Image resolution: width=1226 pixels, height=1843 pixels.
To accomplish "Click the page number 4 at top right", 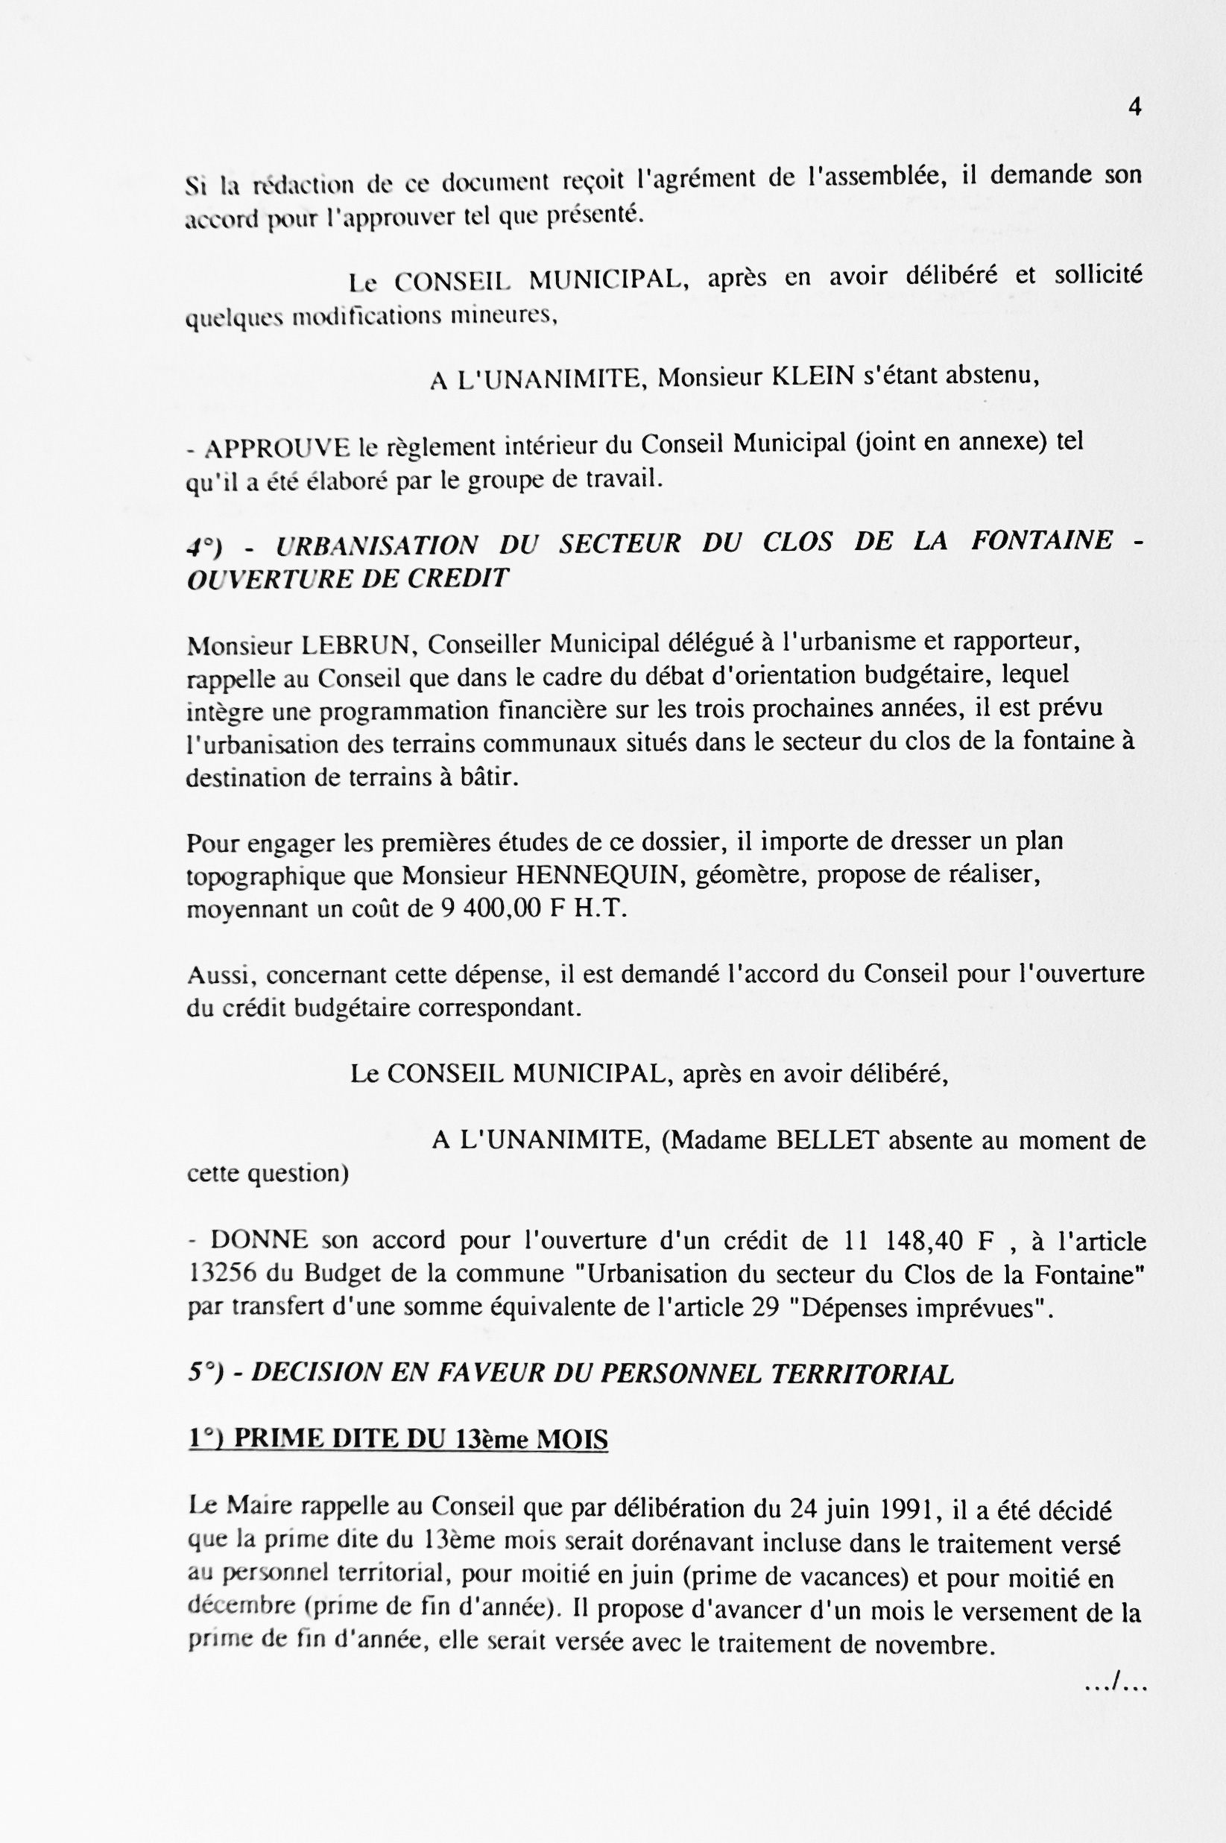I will pos(1134,107).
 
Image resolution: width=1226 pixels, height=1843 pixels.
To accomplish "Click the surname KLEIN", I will pos(812,377).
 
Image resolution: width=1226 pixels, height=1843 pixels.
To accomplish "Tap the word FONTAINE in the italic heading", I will pos(1041,540).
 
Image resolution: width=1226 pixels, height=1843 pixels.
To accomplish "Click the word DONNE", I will pos(259,1240).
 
